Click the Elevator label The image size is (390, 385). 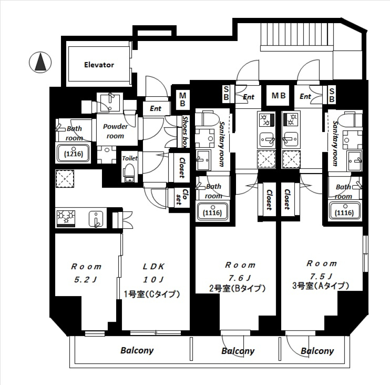99,65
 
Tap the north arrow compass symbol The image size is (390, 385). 40,63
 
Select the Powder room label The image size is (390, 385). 115,131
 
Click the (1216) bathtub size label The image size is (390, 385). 74,154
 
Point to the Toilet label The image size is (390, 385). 130,158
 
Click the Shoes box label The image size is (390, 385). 185,131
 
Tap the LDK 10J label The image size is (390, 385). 153,273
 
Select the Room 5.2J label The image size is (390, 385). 86,273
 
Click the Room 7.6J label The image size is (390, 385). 240,271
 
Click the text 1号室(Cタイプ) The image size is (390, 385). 152,294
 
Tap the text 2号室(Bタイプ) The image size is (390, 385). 237,289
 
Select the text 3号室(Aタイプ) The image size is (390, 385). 321,286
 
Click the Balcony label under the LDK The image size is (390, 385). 137,350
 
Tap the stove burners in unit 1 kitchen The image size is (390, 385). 65,217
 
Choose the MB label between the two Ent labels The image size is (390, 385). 279,96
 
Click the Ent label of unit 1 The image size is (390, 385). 155,108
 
